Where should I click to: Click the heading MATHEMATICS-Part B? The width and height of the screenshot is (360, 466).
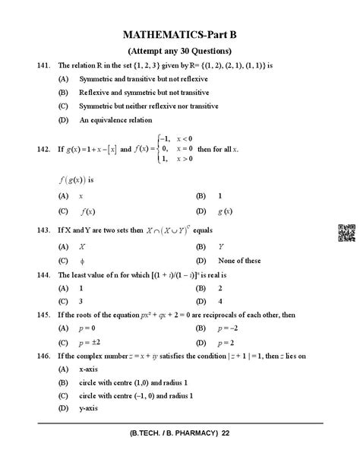click(179, 35)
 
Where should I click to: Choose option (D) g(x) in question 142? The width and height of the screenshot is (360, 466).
click(224, 211)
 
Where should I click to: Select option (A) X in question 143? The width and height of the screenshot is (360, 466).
click(82, 246)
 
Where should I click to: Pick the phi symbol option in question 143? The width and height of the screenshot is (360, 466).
click(82, 261)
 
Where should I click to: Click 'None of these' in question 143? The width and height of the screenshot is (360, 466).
click(240, 261)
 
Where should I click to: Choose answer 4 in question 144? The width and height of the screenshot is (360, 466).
click(220, 301)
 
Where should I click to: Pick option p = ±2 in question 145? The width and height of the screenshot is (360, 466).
click(90, 342)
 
